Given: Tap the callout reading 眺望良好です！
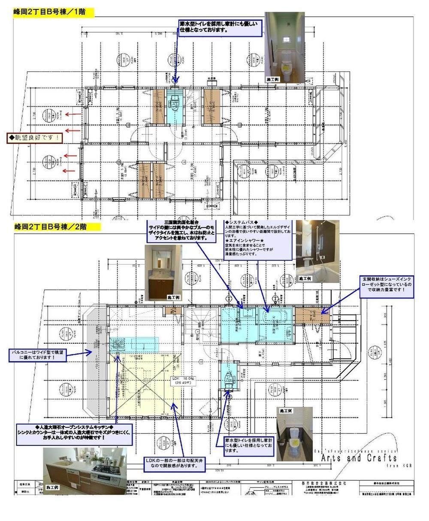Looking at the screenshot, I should (x=34, y=138).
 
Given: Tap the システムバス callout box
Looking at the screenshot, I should (x=257, y=239).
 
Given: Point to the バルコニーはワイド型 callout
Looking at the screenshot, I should (x=40, y=355).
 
